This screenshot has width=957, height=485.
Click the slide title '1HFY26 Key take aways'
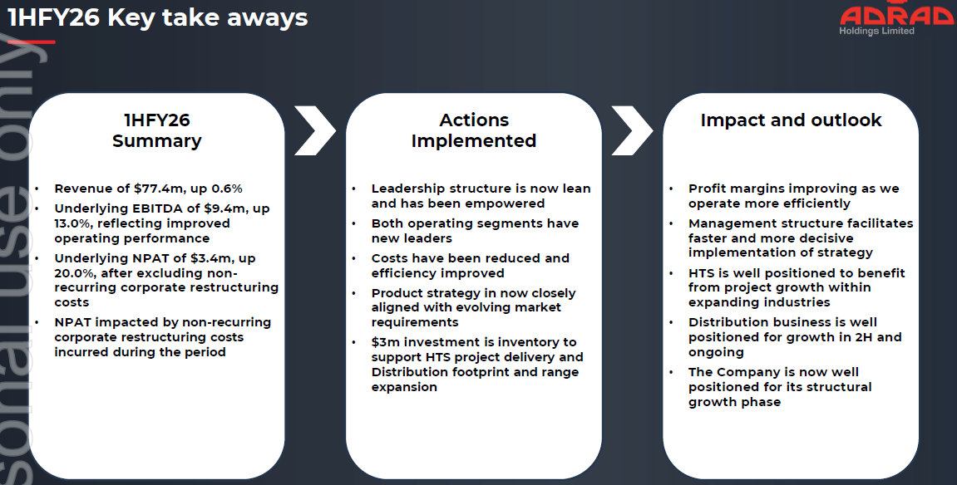pos(158,17)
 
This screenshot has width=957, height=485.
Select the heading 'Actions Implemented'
pos(473,130)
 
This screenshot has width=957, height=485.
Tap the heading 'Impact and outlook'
pos(791,120)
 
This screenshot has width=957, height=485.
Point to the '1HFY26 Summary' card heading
pos(156,130)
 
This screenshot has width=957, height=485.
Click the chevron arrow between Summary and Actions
pos(314,130)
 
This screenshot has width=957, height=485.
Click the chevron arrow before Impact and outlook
pos(632,130)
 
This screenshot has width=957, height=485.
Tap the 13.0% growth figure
pos(76,223)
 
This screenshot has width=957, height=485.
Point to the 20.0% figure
pos(77,273)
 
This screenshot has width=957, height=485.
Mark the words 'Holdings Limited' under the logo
pos(876,32)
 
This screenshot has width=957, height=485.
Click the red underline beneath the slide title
pos(32,41)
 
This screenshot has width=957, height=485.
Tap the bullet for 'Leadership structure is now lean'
pos(355,189)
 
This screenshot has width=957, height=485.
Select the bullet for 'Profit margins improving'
pos(672,189)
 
